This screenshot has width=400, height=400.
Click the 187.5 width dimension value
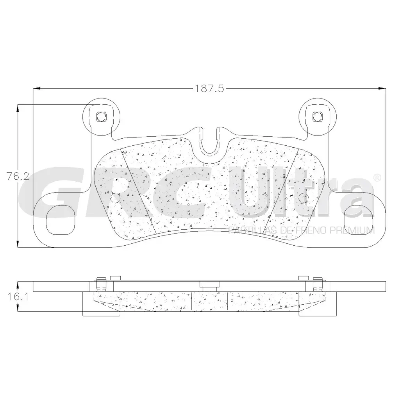tap(209, 89)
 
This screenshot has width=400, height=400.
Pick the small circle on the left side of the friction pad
tap(116, 198)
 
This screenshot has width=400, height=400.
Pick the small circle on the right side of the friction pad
tap(302, 198)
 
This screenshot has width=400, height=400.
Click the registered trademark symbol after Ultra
tap(377, 178)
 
